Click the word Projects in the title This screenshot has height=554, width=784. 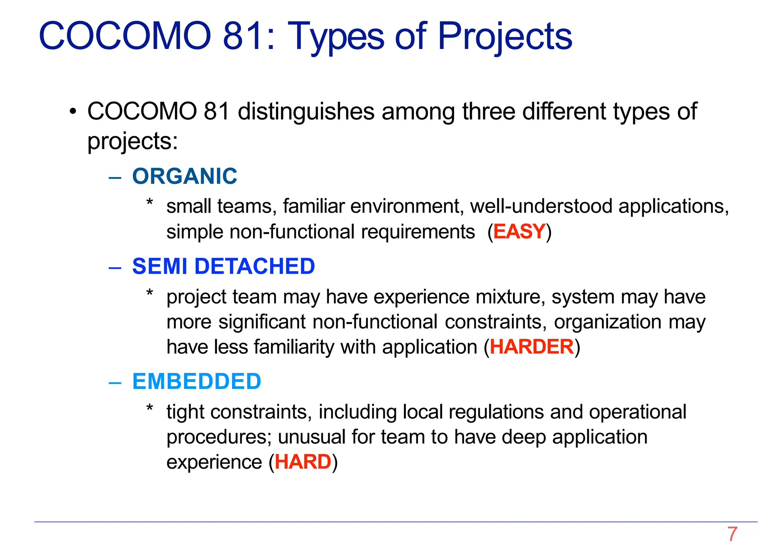point(505,36)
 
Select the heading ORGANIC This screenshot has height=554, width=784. point(185,176)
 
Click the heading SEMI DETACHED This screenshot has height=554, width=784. point(223,266)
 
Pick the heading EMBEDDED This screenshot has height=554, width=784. point(196,382)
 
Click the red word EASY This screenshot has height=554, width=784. point(519,232)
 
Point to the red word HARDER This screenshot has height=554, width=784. point(532,347)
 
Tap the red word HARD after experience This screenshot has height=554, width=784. point(303,462)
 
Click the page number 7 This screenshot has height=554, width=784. point(732,534)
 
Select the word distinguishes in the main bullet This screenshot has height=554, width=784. point(306,112)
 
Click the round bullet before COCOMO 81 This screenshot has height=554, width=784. point(73,113)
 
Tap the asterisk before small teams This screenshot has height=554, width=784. point(150,203)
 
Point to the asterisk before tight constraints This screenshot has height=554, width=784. point(150,409)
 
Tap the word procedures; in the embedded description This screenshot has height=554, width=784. point(219,438)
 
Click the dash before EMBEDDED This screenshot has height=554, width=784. point(115,382)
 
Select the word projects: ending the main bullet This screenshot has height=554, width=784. point(132,142)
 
